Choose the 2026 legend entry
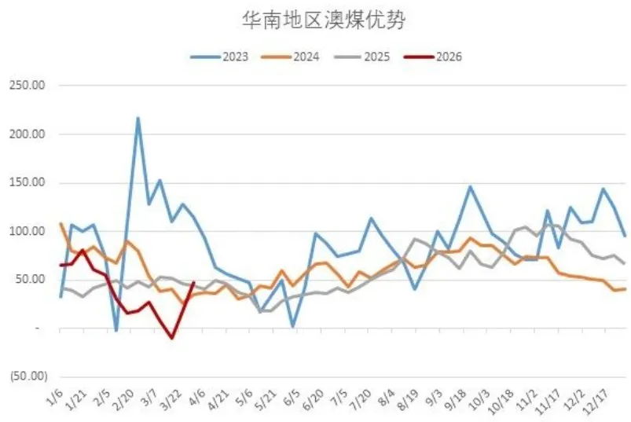click(446, 57)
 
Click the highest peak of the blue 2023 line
click(138, 118)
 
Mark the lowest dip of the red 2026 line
click(171, 339)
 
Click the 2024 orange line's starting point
click(61, 224)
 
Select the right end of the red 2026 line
click(194, 283)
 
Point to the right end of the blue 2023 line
click(625, 236)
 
